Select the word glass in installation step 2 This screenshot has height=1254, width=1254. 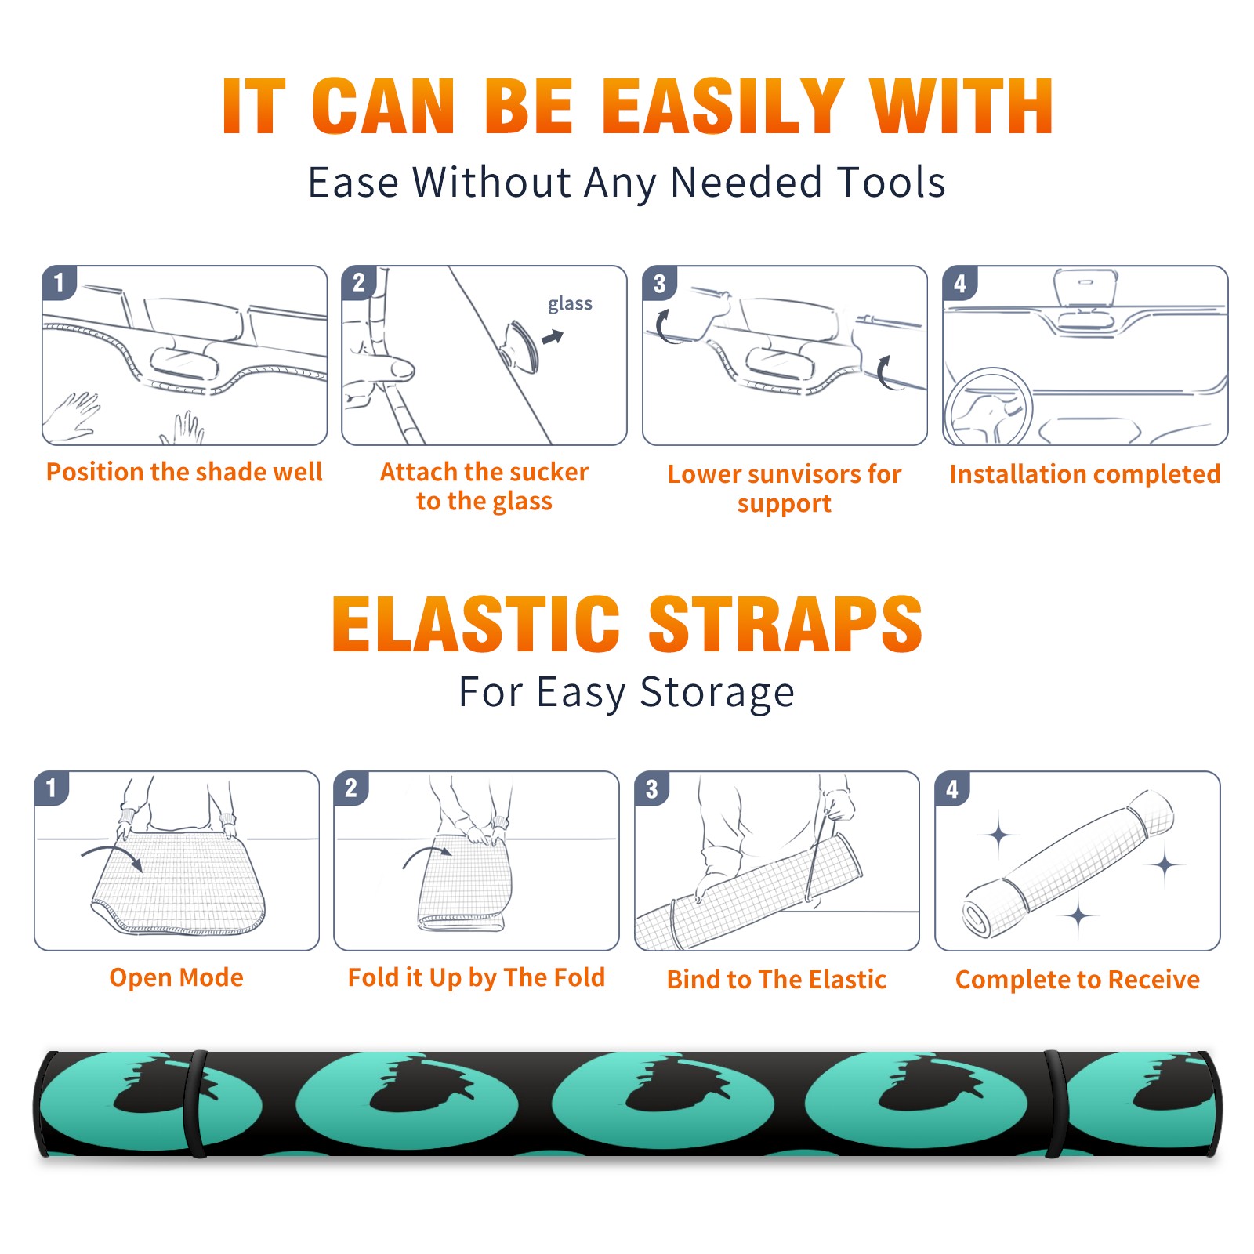pos(570,303)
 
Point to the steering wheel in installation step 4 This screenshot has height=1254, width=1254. pos(988,408)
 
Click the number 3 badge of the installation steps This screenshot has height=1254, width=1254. pos(659,283)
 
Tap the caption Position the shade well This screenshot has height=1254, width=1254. pos(184,472)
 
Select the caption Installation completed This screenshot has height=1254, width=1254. pos(1085,474)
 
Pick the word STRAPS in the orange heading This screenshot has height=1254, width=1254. pos(785,624)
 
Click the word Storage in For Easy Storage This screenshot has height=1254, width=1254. pos(717,694)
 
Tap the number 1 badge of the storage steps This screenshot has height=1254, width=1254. pos(52,788)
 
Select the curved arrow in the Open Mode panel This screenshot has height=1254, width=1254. pos(112,855)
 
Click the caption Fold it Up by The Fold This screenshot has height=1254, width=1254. pos(477,978)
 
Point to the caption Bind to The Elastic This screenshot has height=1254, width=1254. pos(777,980)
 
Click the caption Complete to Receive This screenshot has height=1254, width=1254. pos(1078,980)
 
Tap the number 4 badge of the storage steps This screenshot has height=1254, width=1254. pos(952,788)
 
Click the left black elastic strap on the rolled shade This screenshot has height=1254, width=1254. pos(196,1104)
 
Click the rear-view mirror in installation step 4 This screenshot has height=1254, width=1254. pos(1085,288)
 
